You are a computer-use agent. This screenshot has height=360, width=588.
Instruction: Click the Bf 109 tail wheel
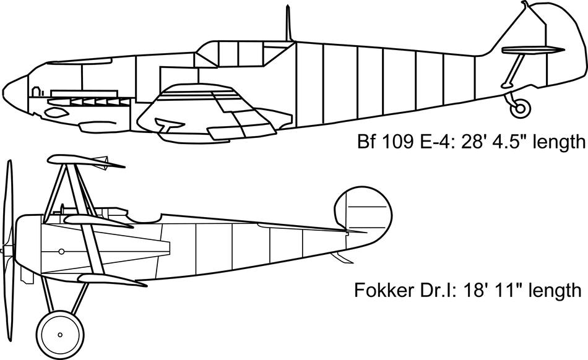(x=521, y=109)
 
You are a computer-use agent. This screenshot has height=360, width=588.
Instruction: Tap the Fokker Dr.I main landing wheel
(x=60, y=335)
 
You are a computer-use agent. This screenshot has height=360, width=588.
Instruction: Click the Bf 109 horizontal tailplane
(x=532, y=50)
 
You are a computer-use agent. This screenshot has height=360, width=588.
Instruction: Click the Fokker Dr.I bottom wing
(x=105, y=280)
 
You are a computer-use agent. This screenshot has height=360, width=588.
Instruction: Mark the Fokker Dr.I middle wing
(x=99, y=220)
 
